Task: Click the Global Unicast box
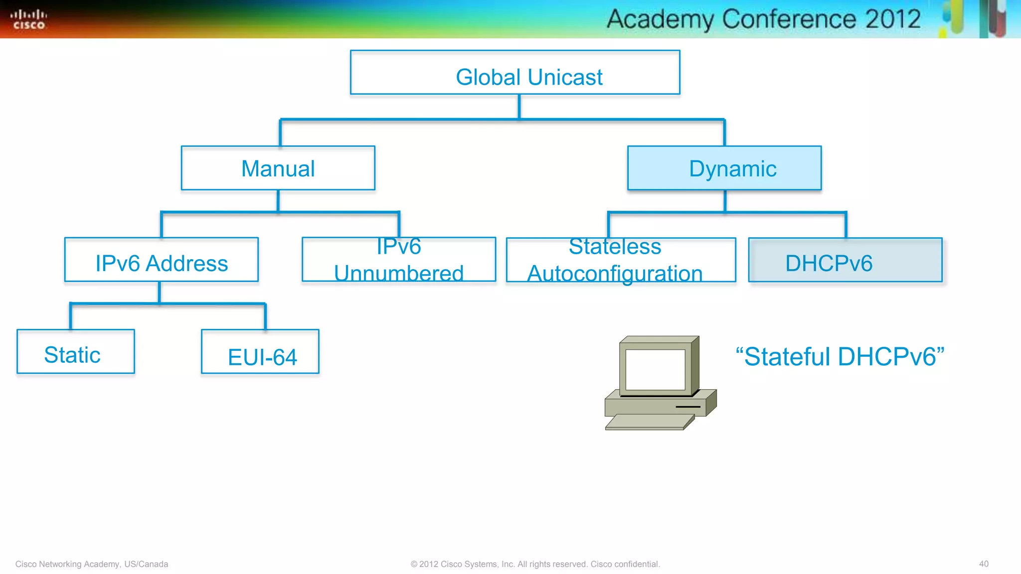[515, 73]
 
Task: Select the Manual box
[278, 168]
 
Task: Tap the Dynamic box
[724, 168]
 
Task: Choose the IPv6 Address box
[162, 260]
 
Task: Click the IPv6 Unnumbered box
[399, 260]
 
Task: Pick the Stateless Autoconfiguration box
[621, 260]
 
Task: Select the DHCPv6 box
[845, 260]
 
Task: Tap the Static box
[76, 352]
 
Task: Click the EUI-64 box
[260, 352]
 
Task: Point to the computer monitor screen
[655, 369]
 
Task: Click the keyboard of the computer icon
[648, 422]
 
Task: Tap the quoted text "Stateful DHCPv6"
[840, 357]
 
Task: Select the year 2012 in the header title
[893, 19]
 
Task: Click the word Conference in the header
[789, 19]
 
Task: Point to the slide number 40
[983, 564]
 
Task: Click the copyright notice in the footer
[535, 564]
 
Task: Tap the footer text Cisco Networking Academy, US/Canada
[92, 564]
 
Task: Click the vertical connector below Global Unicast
[519, 106]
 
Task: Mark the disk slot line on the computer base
[688, 407]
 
